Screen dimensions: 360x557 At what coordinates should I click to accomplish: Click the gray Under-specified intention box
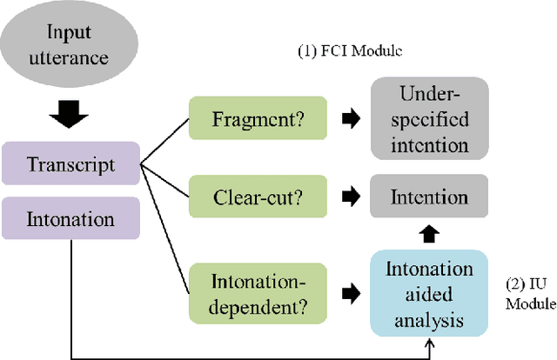(427, 119)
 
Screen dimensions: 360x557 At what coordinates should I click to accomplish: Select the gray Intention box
(427, 197)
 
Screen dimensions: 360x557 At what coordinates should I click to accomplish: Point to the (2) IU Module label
(530, 293)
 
